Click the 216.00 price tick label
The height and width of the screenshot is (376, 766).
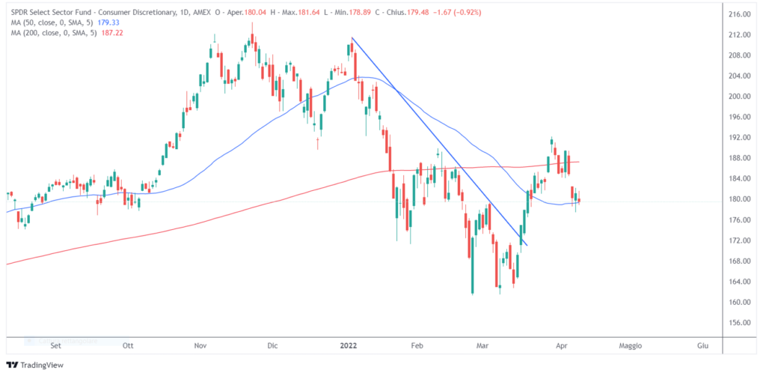[x=739, y=14]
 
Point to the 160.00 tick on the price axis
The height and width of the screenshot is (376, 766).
[x=739, y=302]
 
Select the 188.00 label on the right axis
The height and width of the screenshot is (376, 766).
[x=739, y=158]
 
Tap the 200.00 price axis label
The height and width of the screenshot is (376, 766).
[x=739, y=97]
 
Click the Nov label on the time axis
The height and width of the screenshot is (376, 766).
[x=200, y=346]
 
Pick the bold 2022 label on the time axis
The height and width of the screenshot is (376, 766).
[x=348, y=346]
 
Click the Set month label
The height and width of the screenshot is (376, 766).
[x=55, y=346]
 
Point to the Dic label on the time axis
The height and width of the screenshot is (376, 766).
[x=272, y=346]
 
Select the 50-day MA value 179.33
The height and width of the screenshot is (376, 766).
[x=110, y=22]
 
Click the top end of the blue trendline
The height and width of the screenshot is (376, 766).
[x=352, y=37]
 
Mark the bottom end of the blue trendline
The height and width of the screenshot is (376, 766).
[x=527, y=245]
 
